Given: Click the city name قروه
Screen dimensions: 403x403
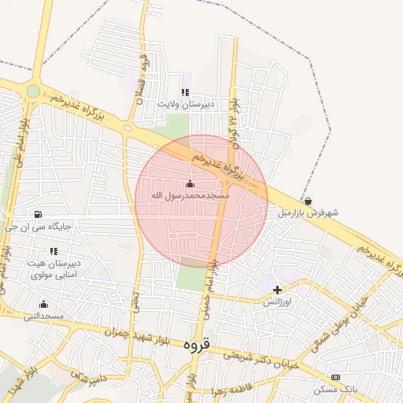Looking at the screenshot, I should pyautogui.click(x=197, y=345).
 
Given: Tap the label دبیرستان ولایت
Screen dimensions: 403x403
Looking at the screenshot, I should pyautogui.click(x=185, y=104).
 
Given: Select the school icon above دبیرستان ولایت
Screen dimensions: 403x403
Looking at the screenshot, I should pyautogui.click(x=186, y=92).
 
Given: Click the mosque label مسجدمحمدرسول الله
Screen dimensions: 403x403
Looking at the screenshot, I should pyautogui.click(x=190, y=194).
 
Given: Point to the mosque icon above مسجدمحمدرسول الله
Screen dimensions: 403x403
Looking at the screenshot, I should pyautogui.click(x=190, y=183).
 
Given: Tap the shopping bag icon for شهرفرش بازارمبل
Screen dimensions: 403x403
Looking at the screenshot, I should pyautogui.click(x=307, y=201).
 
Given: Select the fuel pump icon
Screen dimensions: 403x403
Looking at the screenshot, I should pyautogui.click(x=38, y=214).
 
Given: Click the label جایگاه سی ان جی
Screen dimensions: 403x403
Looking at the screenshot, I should pyautogui.click(x=38, y=227).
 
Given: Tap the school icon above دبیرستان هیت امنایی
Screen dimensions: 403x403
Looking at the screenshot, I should pyautogui.click(x=54, y=251).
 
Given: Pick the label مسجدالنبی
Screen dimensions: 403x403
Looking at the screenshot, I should pyautogui.click(x=43, y=316).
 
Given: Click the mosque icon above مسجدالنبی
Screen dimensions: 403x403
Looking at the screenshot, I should pyautogui.click(x=43, y=305).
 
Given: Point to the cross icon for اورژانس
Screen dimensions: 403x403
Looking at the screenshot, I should pyautogui.click(x=277, y=290).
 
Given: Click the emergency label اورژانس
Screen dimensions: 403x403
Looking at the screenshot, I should pyautogui.click(x=277, y=301).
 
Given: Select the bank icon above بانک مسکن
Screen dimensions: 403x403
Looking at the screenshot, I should pyautogui.click(x=336, y=378).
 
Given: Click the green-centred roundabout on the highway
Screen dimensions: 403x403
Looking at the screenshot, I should pyautogui.click(x=33, y=91).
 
